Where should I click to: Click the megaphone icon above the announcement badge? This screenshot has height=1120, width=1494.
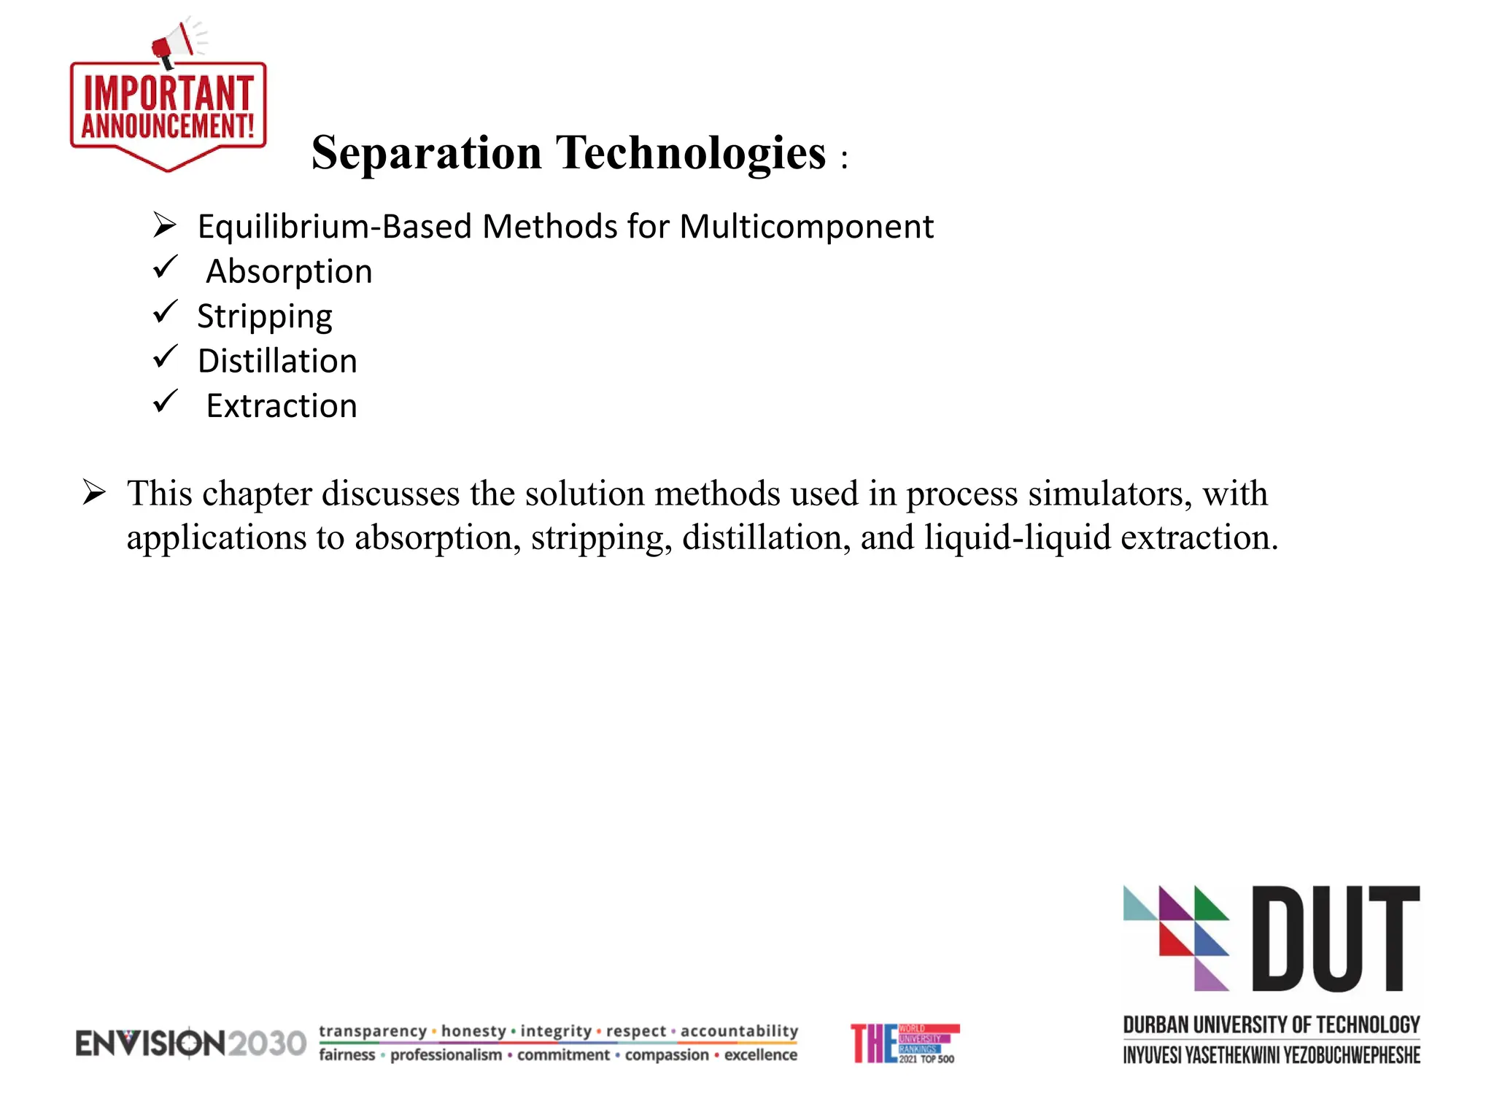174,44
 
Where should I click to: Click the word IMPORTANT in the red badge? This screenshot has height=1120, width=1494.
169,93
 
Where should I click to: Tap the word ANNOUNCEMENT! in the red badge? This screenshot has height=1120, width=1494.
169,125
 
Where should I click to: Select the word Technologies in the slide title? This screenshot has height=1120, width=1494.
691,153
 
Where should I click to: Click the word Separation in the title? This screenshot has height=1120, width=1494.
427,153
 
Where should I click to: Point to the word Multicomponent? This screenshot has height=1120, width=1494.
806,227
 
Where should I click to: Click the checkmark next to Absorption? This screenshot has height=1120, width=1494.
166,267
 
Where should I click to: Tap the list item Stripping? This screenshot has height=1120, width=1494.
265,316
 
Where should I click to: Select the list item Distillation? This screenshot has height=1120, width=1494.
277,361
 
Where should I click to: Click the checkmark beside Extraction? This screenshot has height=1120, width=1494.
166,401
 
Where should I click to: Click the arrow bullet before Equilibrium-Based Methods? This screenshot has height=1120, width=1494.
165,225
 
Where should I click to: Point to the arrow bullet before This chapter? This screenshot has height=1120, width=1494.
94,492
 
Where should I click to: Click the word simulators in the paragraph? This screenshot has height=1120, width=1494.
1110,494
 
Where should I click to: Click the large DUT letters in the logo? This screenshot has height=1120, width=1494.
1336,938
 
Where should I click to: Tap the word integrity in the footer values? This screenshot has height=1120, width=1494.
556,1031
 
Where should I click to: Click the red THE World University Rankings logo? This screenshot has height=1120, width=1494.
904,1043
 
